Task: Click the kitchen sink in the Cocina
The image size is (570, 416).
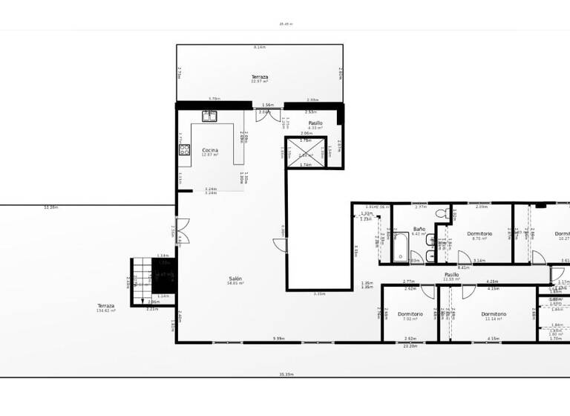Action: pyautogui.click(x=210, y=115)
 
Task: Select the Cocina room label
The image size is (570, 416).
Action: pyautogui.click(x=210, y=152)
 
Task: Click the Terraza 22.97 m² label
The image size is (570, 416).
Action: pyautogui.click(x=259, y=79)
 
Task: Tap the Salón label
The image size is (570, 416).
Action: pyautogui.click(x=235, y=281)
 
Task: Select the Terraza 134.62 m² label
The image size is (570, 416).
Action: pyautogui.click(x=106, y=308)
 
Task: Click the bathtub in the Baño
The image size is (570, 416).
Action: pyautogui.click(x=401, y=247)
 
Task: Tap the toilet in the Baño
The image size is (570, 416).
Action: pyautogui.click(x=440, y=214)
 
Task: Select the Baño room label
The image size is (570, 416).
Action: pyautogui.click(x=419, y=231)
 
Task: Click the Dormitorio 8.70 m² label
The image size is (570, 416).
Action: pyautogui.click(x=480, y=236)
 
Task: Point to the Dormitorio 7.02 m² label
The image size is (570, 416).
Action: pyautogui.click(x=410, y=316)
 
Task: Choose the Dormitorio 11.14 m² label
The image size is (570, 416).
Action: pyautogui.click(x=494, y=316)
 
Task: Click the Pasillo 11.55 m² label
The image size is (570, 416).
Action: pyautogui.click(x=451, y=276)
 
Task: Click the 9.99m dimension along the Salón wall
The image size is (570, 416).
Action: pyautogui.click(x=278, y=339)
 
